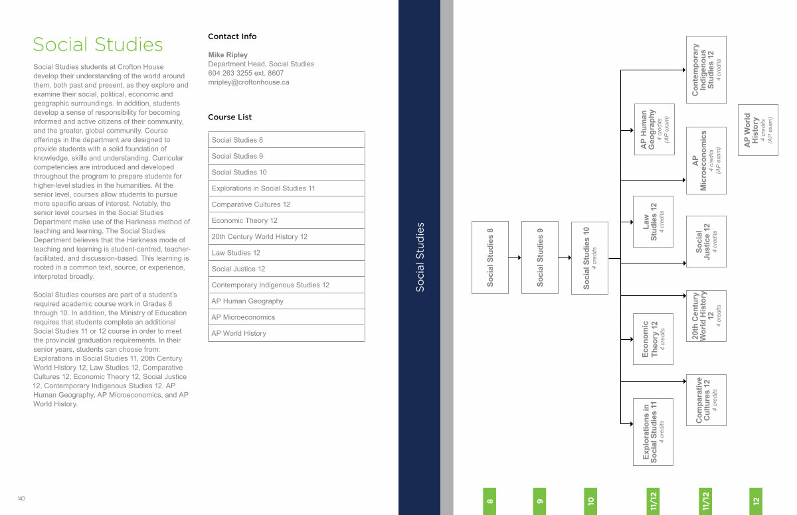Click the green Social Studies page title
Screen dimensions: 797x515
tap(98, 44)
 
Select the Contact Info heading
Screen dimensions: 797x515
tap(232, 37)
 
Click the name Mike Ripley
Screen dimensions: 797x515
tap(228, 54)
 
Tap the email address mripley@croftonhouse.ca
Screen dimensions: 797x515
tap(248, 82)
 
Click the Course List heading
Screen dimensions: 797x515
tap(230, 117)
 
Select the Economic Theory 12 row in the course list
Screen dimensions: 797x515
tap(286, 220)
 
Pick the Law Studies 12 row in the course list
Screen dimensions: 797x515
tap(286, 253)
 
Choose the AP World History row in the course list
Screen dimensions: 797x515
tap(286, 333)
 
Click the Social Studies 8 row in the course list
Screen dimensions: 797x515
tap(286, 139)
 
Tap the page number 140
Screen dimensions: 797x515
tap(21, 498)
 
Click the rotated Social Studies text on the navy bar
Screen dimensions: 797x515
tap(420, 257)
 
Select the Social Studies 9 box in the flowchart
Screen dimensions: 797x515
tap(540, 257)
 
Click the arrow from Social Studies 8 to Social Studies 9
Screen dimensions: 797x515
tap(515, 257)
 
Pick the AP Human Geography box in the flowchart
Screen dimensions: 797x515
tap(654, 129)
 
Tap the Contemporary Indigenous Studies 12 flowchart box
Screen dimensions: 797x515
tap(706, 70)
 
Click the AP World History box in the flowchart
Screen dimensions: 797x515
tap(758, 130)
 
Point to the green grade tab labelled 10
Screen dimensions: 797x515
tap(590, 501)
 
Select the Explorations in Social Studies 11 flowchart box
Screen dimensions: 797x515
tap(653, 432)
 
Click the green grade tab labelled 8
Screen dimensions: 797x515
tap(489, 501)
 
